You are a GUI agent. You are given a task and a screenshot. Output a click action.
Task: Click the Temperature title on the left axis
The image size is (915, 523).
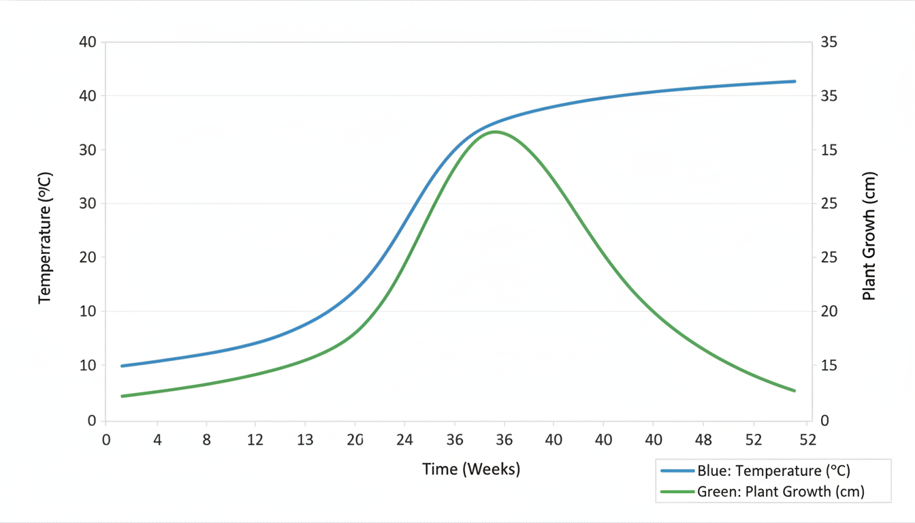coord(45,238)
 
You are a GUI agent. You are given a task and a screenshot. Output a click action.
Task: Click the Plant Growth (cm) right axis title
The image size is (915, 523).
coord(869,236)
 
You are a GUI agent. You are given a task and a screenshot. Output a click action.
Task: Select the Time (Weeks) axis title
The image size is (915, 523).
coord(471,469)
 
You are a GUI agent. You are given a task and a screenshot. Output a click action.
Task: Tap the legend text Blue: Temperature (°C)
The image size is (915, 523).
coord(773,471)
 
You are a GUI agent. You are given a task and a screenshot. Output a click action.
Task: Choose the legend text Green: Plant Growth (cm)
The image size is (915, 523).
coord(781,492)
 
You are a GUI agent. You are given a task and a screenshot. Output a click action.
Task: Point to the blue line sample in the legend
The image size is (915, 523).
coord(677,471)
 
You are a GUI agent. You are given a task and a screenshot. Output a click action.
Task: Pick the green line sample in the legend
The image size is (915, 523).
coord(677,492)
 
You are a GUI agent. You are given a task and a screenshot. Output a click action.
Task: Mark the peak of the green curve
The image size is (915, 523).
coord(495,131)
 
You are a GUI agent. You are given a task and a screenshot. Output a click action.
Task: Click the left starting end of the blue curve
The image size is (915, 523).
coord(122,366)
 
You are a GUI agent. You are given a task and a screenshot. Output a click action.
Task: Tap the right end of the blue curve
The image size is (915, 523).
coord(794,81)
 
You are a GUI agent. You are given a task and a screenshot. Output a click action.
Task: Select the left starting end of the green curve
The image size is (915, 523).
coord(122,396)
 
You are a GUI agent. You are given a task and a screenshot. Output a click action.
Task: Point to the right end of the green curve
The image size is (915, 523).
coord(794,391)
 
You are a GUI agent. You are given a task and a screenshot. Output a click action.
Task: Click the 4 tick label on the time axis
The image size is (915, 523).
coord(157,440)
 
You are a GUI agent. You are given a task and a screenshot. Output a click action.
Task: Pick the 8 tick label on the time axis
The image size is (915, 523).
coord(207,440)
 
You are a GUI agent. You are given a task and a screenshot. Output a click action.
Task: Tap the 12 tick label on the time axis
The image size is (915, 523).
coord(255,440)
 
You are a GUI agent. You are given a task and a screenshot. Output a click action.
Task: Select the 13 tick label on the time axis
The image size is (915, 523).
coord(305,440)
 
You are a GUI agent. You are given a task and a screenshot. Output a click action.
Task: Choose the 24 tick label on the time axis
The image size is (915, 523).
coord(404,440)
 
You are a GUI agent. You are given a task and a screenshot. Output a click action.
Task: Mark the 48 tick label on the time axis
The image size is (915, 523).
coord(703,440)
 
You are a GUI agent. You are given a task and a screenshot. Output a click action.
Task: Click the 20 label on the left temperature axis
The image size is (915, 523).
coord(87,257)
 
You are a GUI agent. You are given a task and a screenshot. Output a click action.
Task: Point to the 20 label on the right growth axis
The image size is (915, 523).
coord(829,311)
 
